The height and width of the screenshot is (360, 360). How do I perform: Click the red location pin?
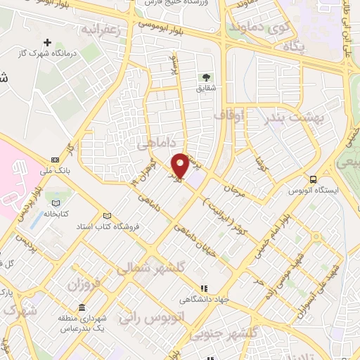pos(180,165)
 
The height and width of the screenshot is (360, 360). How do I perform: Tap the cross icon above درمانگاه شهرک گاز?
pos(48,43)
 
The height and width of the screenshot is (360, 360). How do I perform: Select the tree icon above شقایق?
pos(206,77)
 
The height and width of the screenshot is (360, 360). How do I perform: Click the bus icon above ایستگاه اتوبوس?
pos(313,179)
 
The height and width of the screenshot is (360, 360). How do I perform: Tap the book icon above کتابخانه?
pos(54,202)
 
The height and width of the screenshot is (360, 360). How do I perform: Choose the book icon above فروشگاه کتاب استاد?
pos(107,216)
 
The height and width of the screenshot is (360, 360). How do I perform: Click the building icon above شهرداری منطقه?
pos(83,308)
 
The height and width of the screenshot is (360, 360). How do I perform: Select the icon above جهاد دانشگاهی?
pos(205,288)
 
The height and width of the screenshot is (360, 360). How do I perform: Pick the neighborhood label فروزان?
pos(84,284)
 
